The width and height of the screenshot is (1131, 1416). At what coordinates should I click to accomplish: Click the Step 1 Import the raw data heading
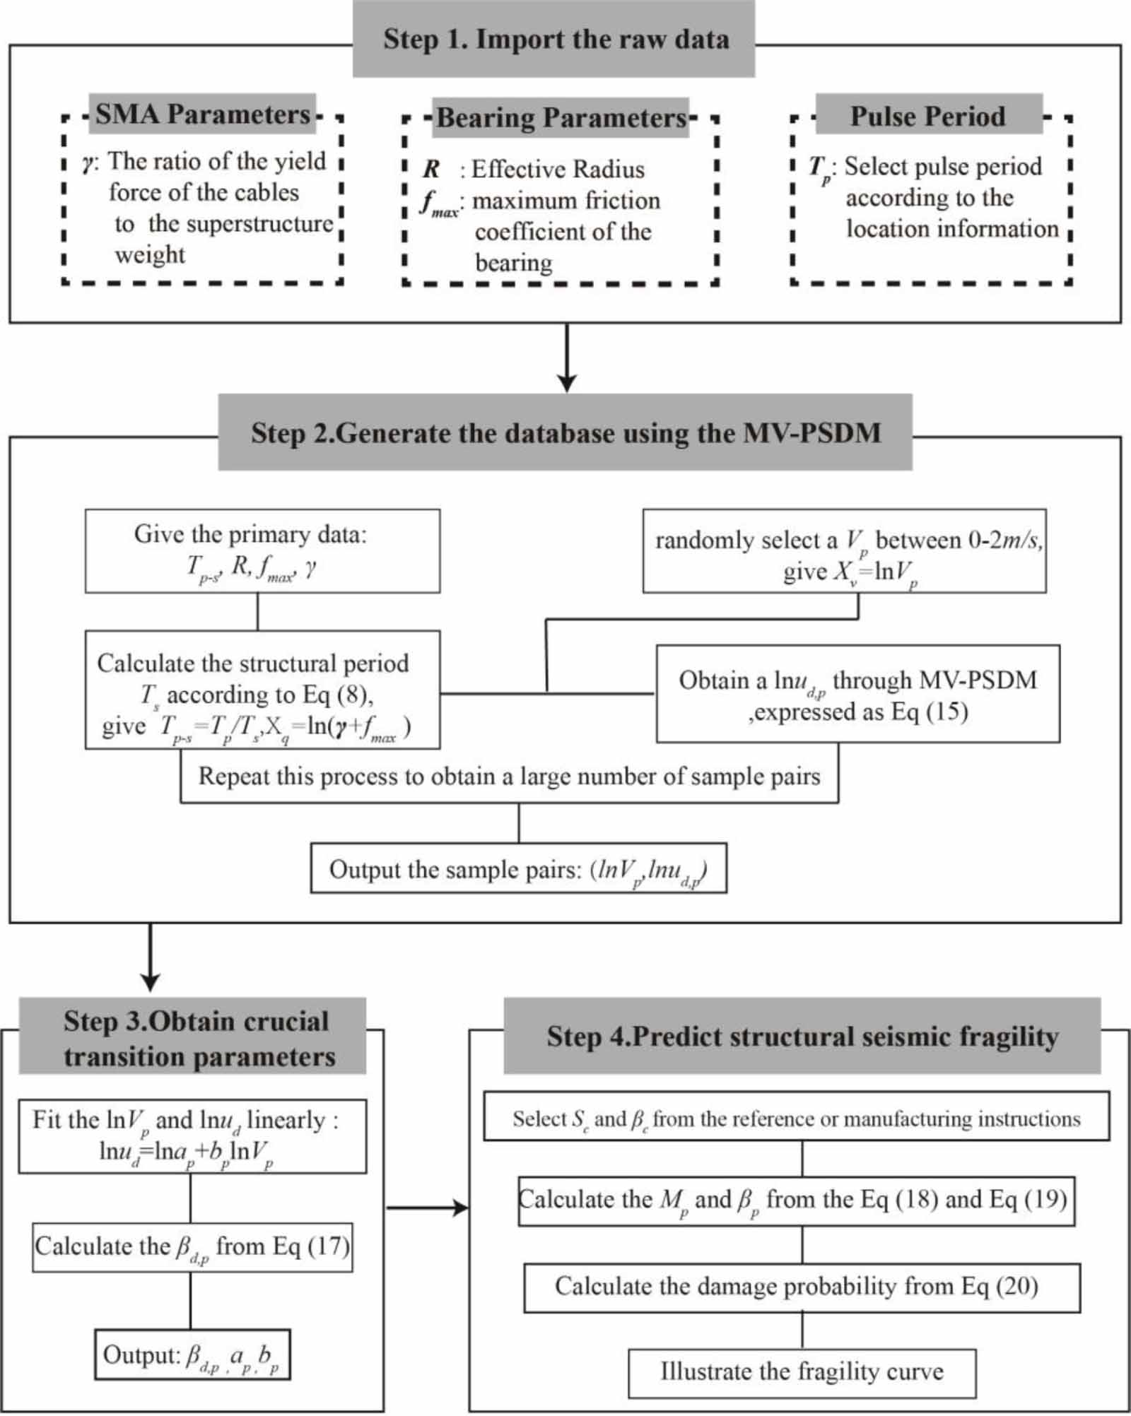coord(555,39)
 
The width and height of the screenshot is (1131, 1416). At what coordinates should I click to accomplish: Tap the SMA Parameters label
coord(203,114)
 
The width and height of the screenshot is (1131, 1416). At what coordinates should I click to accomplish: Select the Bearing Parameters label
coord(561,118)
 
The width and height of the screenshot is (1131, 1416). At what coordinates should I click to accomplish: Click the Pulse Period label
coord(927,116)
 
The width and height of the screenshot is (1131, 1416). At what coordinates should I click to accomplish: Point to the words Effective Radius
coord(558,170)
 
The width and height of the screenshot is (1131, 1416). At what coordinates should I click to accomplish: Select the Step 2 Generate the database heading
coord(565,432)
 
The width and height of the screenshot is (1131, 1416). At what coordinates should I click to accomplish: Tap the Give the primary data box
coord(262,550)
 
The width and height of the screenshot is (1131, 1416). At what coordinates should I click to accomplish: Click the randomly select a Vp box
coord(844,551)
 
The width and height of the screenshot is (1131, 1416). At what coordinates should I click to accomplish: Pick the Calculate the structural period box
coord(262,690)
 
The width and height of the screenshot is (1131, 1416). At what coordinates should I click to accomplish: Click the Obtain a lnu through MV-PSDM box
coord(857,694)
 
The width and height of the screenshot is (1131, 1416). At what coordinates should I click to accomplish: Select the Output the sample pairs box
coord(518,868)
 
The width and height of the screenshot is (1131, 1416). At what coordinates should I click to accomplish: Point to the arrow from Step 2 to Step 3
coord(150,957)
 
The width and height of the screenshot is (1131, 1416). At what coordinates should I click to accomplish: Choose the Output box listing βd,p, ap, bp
coord(192,1355)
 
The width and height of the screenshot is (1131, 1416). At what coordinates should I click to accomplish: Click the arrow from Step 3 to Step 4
coord(427,1208)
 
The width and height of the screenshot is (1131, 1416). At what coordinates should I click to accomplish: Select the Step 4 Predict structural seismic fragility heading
coord(802,1037)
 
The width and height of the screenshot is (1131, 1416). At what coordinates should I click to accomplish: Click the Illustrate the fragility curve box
coord(802,1371)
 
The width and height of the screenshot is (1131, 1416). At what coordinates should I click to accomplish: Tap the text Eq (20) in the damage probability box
coord(999,1286)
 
